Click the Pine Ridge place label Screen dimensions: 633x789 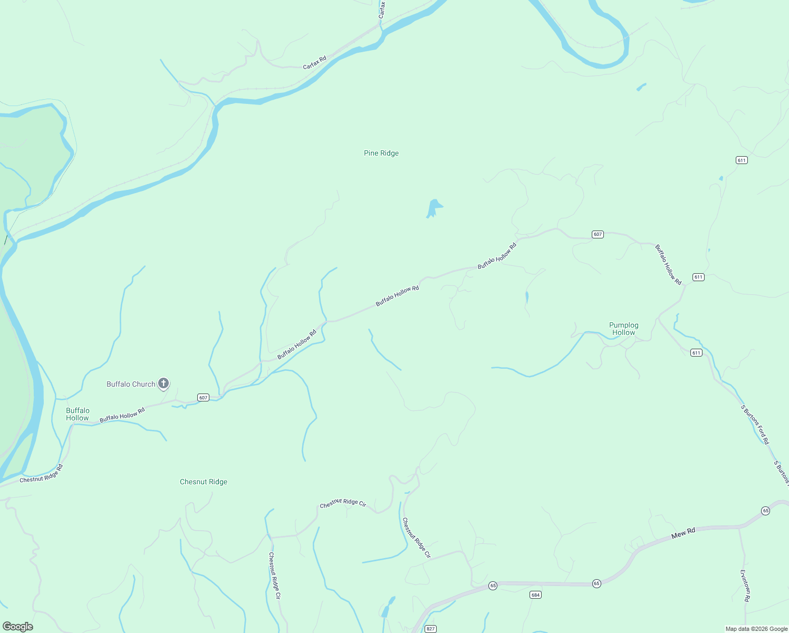(381, 154)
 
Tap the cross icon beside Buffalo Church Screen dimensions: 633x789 (163, 383)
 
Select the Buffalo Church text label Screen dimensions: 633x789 (131, 385)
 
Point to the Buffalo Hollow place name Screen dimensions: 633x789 (78, 414)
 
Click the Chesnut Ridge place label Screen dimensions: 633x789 (204, 482)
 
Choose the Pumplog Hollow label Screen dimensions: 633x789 (624, 329)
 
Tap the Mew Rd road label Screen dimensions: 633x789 (684, 534)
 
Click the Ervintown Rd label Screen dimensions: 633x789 (745, 586)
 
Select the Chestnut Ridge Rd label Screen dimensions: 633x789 (41, 474)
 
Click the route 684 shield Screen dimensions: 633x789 (535, 595)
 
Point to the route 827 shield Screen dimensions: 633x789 (431, 629)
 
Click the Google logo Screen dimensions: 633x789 (18, 627)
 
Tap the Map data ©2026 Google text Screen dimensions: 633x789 (756, 629)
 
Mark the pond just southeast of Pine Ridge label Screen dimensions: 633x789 (434, 208)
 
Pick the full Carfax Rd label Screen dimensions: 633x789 (315, 63)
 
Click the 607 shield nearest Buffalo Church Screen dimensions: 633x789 (204, 397)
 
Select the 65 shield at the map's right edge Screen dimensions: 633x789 (765, 511)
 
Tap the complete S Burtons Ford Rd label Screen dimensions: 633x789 (755, 424)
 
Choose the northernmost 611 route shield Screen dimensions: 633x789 (742, 160)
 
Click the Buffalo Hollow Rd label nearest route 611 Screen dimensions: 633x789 (668, 264)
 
